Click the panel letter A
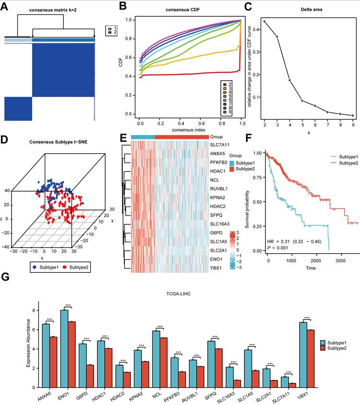pos(4,6)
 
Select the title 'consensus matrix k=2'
pos(53,10)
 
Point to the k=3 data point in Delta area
pos(277,37)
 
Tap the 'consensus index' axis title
pos(188,130)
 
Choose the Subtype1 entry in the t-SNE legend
pos(46,267)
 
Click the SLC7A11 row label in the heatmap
pos(220,145)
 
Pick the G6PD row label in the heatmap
pos(216,233)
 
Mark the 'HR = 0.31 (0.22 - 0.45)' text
pos(294,242)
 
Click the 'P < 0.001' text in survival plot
pos(277,248)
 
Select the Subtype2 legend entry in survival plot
pos(345,163)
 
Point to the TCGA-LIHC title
pos(179,294)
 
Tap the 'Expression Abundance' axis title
pos(28,343)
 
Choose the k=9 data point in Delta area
pos(353,115)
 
